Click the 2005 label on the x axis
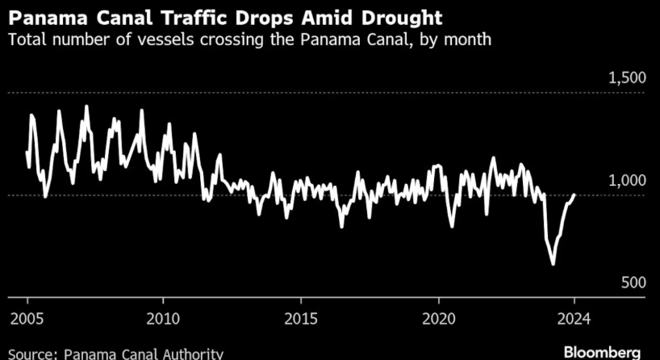point(27,318)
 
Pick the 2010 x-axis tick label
point(164,318)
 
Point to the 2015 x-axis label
point(301,318)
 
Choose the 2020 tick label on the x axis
point(438,318)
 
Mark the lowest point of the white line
point(553,264)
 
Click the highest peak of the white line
point(86,106)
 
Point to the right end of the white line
point(574,194)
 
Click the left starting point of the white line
point(27,151)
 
